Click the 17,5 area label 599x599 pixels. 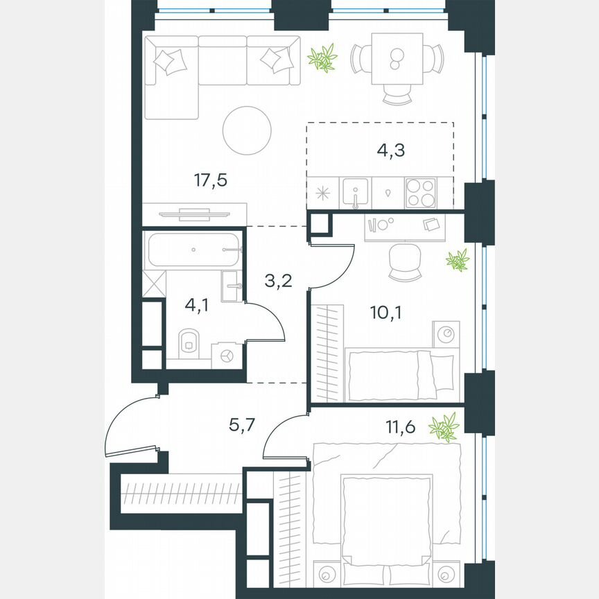(x=211, y=181)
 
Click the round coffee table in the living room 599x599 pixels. (x=248, y=130)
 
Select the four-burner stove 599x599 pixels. (x=421, y=192)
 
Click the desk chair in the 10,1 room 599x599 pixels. (x=406, y=261)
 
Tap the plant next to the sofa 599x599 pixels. (x=323, y=58)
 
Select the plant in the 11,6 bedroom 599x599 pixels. (x=444, y=427)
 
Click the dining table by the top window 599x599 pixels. (x=397, y=59)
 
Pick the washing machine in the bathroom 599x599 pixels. (x=226, y=354)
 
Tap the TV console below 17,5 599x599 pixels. (x=194, y=214)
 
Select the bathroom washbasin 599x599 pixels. (x=233, y=286)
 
